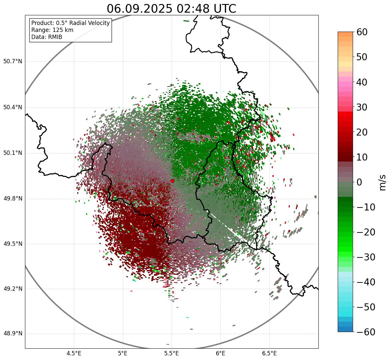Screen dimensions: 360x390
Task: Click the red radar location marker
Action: coord(172,181)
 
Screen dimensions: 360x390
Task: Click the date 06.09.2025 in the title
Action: coord(139,9)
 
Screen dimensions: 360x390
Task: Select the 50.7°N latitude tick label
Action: coord(13,62)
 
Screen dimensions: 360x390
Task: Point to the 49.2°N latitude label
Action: coord(13,289)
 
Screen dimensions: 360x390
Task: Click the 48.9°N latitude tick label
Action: coord(13,334)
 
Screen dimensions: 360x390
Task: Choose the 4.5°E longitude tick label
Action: coord(74,353)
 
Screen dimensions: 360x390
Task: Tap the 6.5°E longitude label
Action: coord(269,353)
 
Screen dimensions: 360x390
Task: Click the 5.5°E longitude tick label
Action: coord(172,353)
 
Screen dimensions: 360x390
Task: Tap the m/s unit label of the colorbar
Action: coord(383,182)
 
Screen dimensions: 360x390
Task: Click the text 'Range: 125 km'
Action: coord(52,30)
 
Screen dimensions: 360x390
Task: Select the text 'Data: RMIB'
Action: coord(47,37)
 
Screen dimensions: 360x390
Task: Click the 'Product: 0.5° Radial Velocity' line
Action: coord(70,23)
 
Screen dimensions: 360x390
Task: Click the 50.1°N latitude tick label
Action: coord(13,153)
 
